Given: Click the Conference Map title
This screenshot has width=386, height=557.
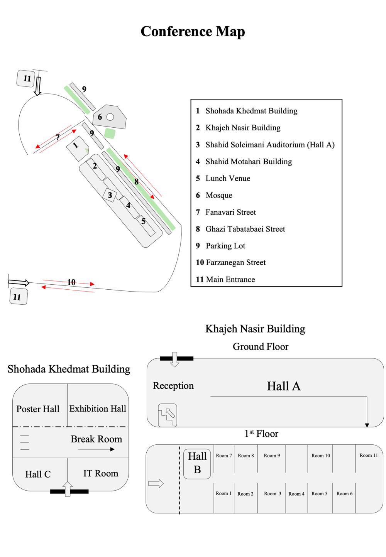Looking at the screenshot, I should (x=193, y=31).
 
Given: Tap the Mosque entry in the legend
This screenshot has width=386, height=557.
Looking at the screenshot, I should (x=218, y=195).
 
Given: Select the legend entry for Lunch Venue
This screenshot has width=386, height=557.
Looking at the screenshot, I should (x=228, y=178).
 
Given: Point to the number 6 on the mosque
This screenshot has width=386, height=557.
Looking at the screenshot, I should (x=100, y=117).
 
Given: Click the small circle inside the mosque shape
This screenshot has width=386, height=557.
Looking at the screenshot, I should (x=110, y=117).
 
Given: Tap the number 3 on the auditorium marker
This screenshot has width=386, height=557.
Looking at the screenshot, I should (x=110, y=195).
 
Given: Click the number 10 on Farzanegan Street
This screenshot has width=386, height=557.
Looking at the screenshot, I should (x=71, y=282).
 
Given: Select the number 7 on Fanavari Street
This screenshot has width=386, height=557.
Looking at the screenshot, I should (x=58, y=137).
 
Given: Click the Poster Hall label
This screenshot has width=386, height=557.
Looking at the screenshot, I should (x=38, y=409).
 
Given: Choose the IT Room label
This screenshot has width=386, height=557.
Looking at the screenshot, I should (x=101, y=473).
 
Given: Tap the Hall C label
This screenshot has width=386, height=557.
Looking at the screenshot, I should (x=38, y=474).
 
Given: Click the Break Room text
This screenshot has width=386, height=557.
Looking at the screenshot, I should (x=96, y=439).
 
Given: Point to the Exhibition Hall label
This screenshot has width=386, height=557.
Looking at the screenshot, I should (x=98, y=408).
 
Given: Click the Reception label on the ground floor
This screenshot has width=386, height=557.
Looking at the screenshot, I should (x=173, y=386).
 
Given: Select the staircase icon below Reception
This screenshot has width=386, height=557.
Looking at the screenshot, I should (x=168, y=415).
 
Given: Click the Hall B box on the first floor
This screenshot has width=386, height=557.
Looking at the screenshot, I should (x=197, y=463).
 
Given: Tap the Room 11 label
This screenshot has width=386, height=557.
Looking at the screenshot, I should (x=369, y=455).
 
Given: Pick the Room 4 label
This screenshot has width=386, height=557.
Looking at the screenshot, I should (x=296, y=494).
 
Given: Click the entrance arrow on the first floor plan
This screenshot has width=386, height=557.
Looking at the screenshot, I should (x=156, y=483).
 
